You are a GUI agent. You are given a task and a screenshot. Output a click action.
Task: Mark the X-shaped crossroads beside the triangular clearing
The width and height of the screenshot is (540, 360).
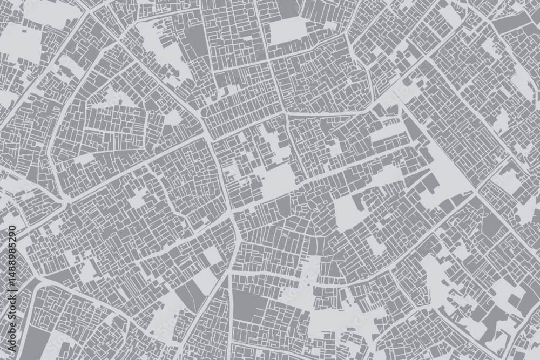tap(475, 192)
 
